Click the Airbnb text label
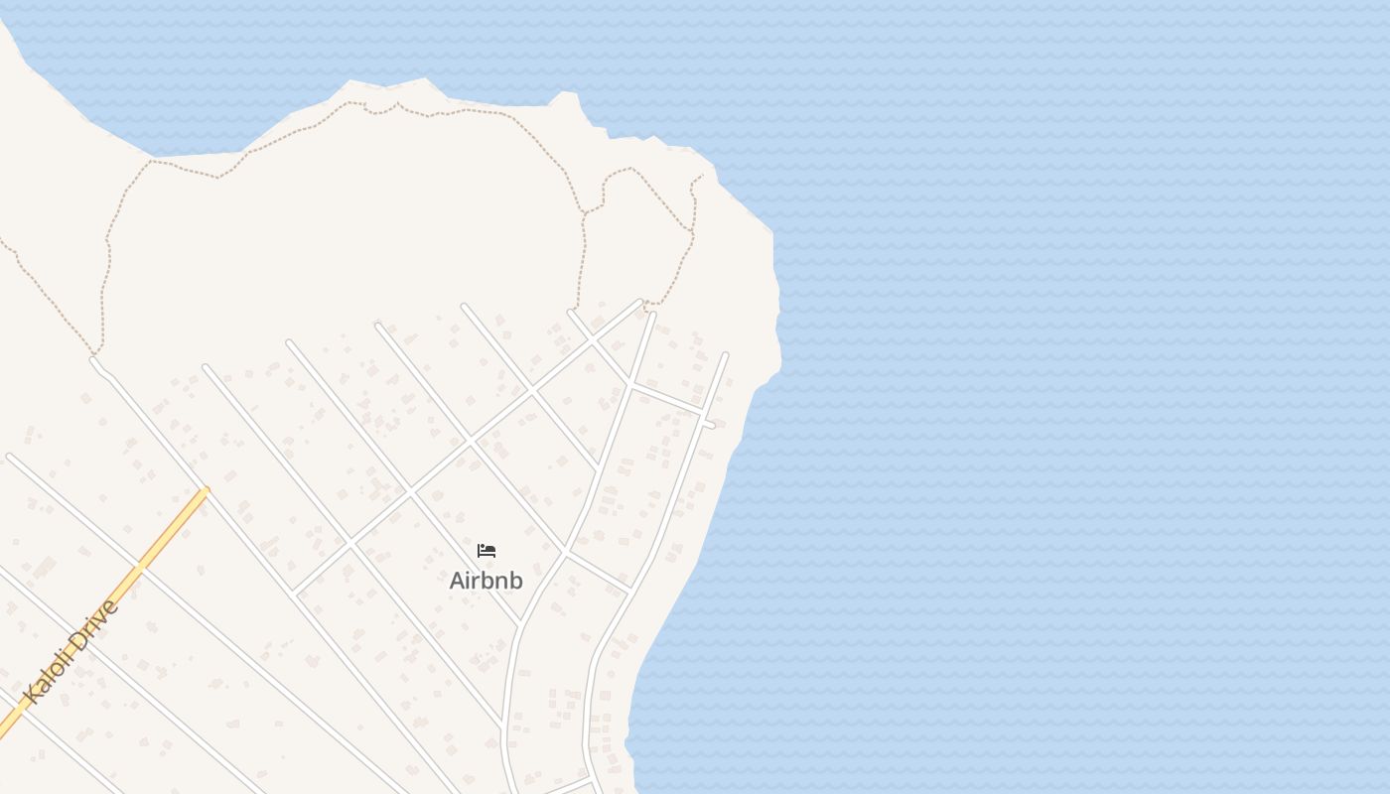(x=486, y=581)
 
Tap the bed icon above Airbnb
(x=486, y=551)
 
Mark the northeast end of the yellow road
(x=206, y=490)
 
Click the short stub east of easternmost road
(x=710, y=425)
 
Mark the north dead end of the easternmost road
(x=726, y=354)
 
